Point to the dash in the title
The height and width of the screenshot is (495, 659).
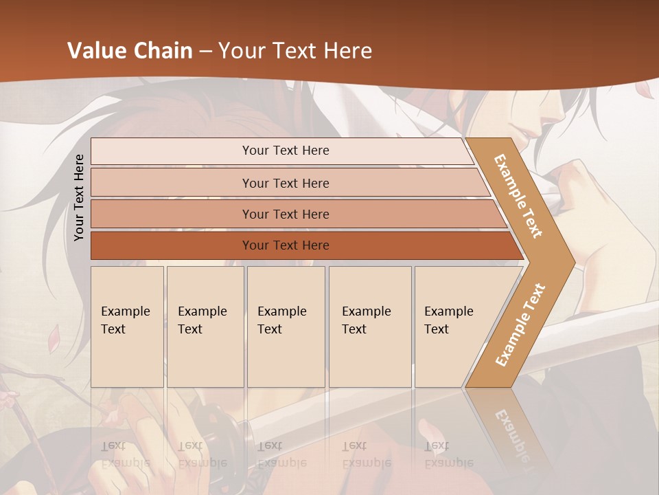point(205,52)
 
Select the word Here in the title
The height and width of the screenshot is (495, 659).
point(347,51)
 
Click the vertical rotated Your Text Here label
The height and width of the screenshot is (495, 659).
point(79,197)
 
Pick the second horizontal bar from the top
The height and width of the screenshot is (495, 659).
point(286,183)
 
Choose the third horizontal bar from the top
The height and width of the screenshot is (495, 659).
point(286,214)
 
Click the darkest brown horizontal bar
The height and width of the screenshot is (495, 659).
point(286,245)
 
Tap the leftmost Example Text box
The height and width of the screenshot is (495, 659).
point(127,327)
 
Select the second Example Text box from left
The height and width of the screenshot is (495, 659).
point(205,327)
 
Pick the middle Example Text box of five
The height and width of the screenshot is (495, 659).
point(286,327)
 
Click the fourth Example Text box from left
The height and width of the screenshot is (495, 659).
point(370,327)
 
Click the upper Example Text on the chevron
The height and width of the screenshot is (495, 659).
point(518,196)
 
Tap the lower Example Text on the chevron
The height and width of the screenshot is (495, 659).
point(520,324)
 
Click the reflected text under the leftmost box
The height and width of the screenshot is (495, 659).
point(125,454)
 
